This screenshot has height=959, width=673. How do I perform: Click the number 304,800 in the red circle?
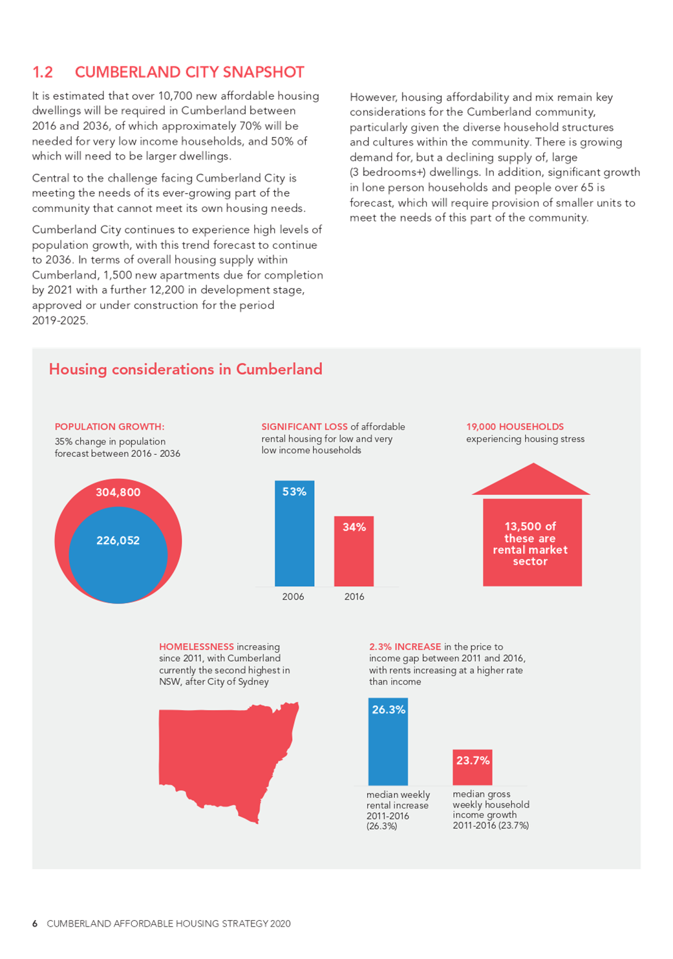click(x=118, y=492)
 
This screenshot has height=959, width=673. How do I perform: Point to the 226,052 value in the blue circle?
click(x=118, y=540)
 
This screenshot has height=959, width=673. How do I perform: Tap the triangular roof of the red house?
click(x=531, y=482)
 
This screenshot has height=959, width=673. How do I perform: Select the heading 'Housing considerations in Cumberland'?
click(x=186, y=369)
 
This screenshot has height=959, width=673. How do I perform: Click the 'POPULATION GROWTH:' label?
click(x=109, y=427)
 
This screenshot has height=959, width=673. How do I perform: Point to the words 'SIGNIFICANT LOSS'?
click(x=304, y=427)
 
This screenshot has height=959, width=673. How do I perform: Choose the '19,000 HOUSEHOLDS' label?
click(x=515, y=427)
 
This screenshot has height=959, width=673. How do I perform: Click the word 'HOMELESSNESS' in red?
click(x=197, y=647)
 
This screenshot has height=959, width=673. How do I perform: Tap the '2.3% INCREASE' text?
click(x=405, y=647)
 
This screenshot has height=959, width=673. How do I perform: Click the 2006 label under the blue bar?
click(x=293, y=596)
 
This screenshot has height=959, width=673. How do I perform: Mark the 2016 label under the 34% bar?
click(x=354, y=596)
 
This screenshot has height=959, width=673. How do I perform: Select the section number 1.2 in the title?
click(x=43, y=72)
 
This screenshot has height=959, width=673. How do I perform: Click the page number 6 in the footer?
click(x=35, y=923)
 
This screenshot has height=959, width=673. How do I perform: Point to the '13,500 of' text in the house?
click(x=530, y=527)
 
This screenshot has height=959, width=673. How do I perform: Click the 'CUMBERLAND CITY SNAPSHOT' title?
click(x=189, y=72)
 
